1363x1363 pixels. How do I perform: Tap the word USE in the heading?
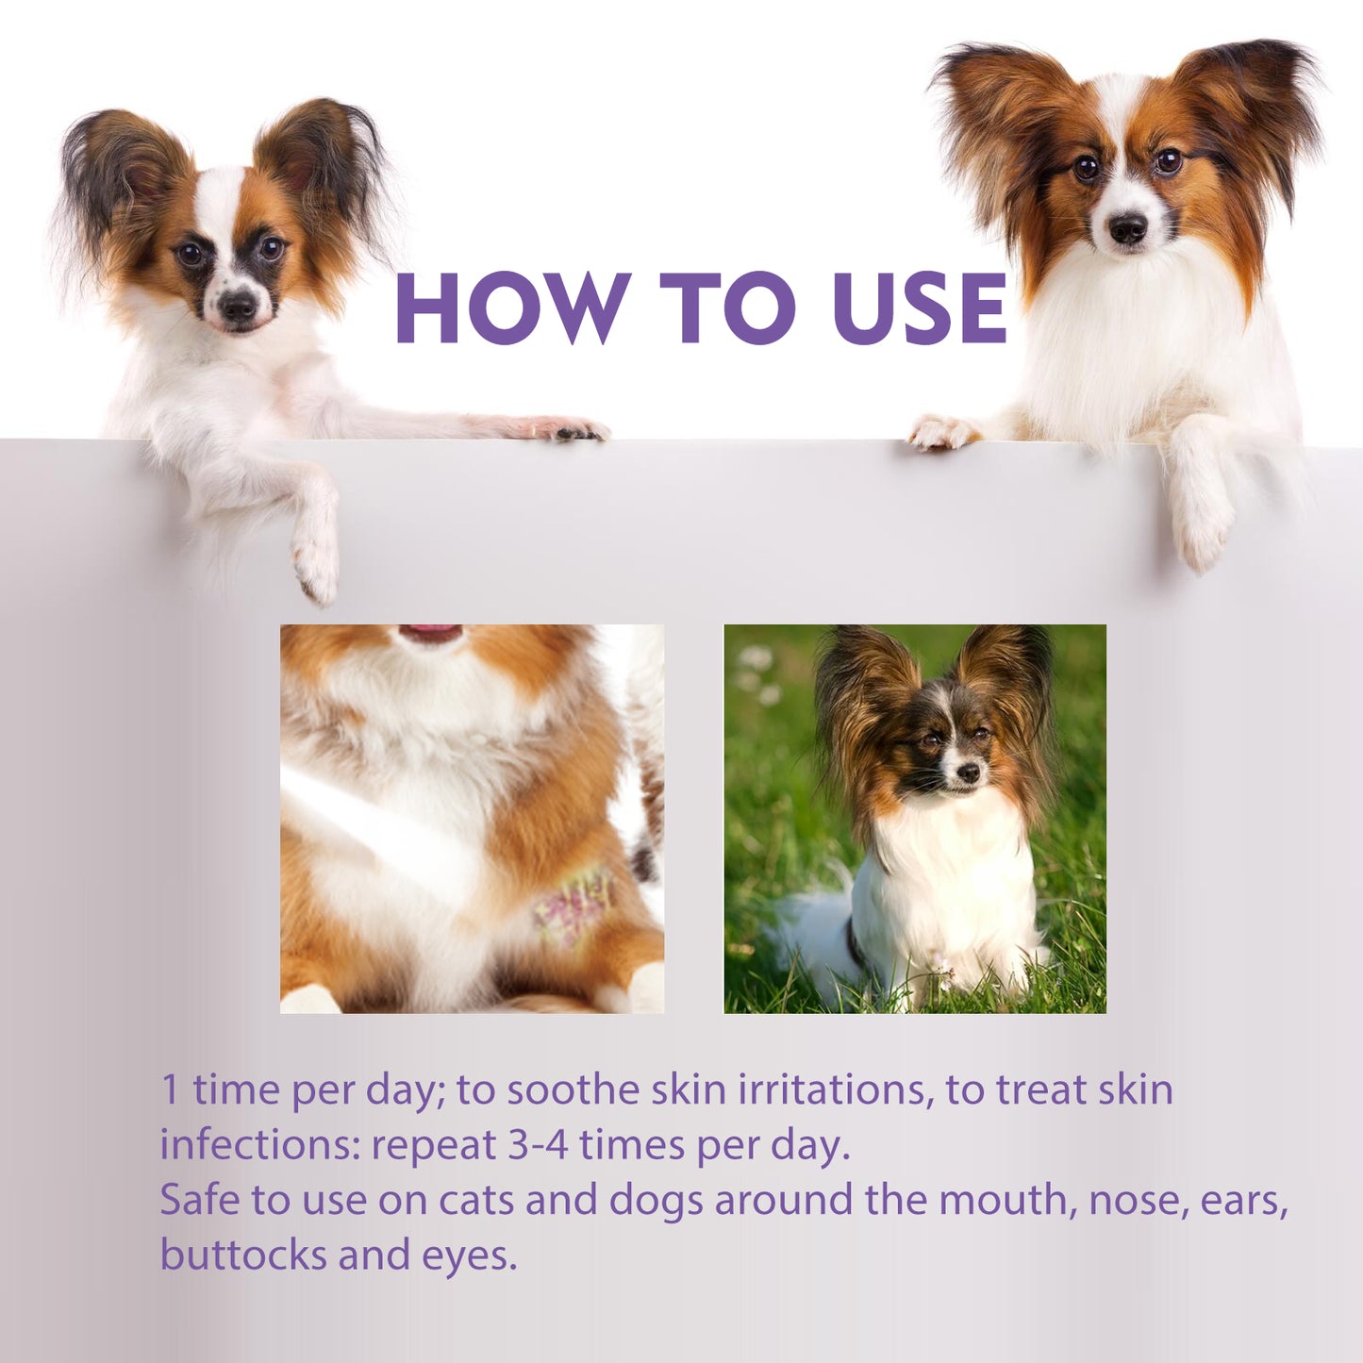[x=921, y=308]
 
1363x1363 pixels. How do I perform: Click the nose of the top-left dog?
[x=236, y=305]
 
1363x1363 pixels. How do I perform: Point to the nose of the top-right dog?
[x=1127, y=227]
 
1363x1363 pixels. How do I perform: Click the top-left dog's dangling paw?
[x=316, y=566]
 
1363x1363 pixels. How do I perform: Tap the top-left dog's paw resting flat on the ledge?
[x=566, y=430]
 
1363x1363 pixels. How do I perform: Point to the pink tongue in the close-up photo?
[x=430, y=633]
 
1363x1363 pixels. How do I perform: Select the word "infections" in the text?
[x=260, y=1145]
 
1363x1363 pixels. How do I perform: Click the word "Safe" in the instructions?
[x=199, y=1200]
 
